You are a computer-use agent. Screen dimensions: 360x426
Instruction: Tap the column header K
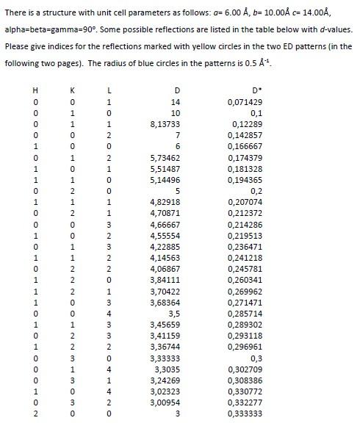coord(72,90)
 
